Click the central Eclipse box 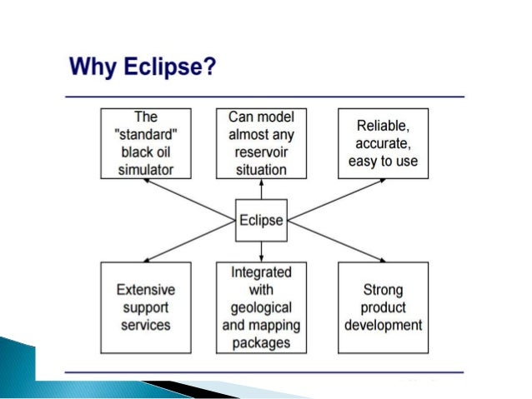(x=261, y=221)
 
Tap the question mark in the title (x=209, y=66)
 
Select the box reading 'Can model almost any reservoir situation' (x=261, y=142)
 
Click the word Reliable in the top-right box (x=383, y=126)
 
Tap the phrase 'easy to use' (x=383, y=161)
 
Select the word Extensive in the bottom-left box (x=145, y=290)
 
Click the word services (x=145, y=325)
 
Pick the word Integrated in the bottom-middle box (x=261, y=272)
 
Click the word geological (x=261, y=307)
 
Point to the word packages (x=261, y=342)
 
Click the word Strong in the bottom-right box (x=383, y=290)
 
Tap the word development (x=383, y=325)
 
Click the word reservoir (x=261, y=152)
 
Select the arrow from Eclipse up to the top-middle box (x=261, y=189)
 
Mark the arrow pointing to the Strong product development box (x=338, y=241)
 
